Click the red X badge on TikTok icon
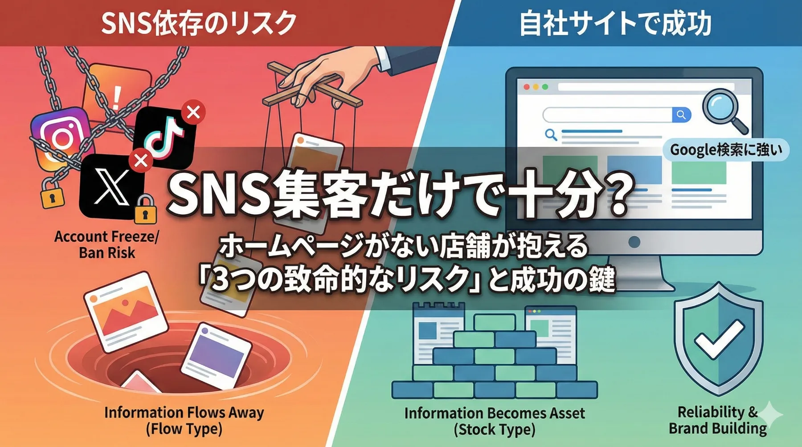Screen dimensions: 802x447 (193, 112)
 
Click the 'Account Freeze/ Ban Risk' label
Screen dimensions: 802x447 (106, 244)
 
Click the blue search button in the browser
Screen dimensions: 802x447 (681, 115)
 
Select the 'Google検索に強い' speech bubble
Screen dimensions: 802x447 (726, 150)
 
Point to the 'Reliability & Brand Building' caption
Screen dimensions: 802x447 (717, 420)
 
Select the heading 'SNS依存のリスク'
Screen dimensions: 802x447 (198, 23)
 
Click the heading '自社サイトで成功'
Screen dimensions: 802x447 (615, 23)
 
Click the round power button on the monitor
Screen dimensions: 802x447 (634, 242)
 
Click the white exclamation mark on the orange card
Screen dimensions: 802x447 (117, 96)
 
